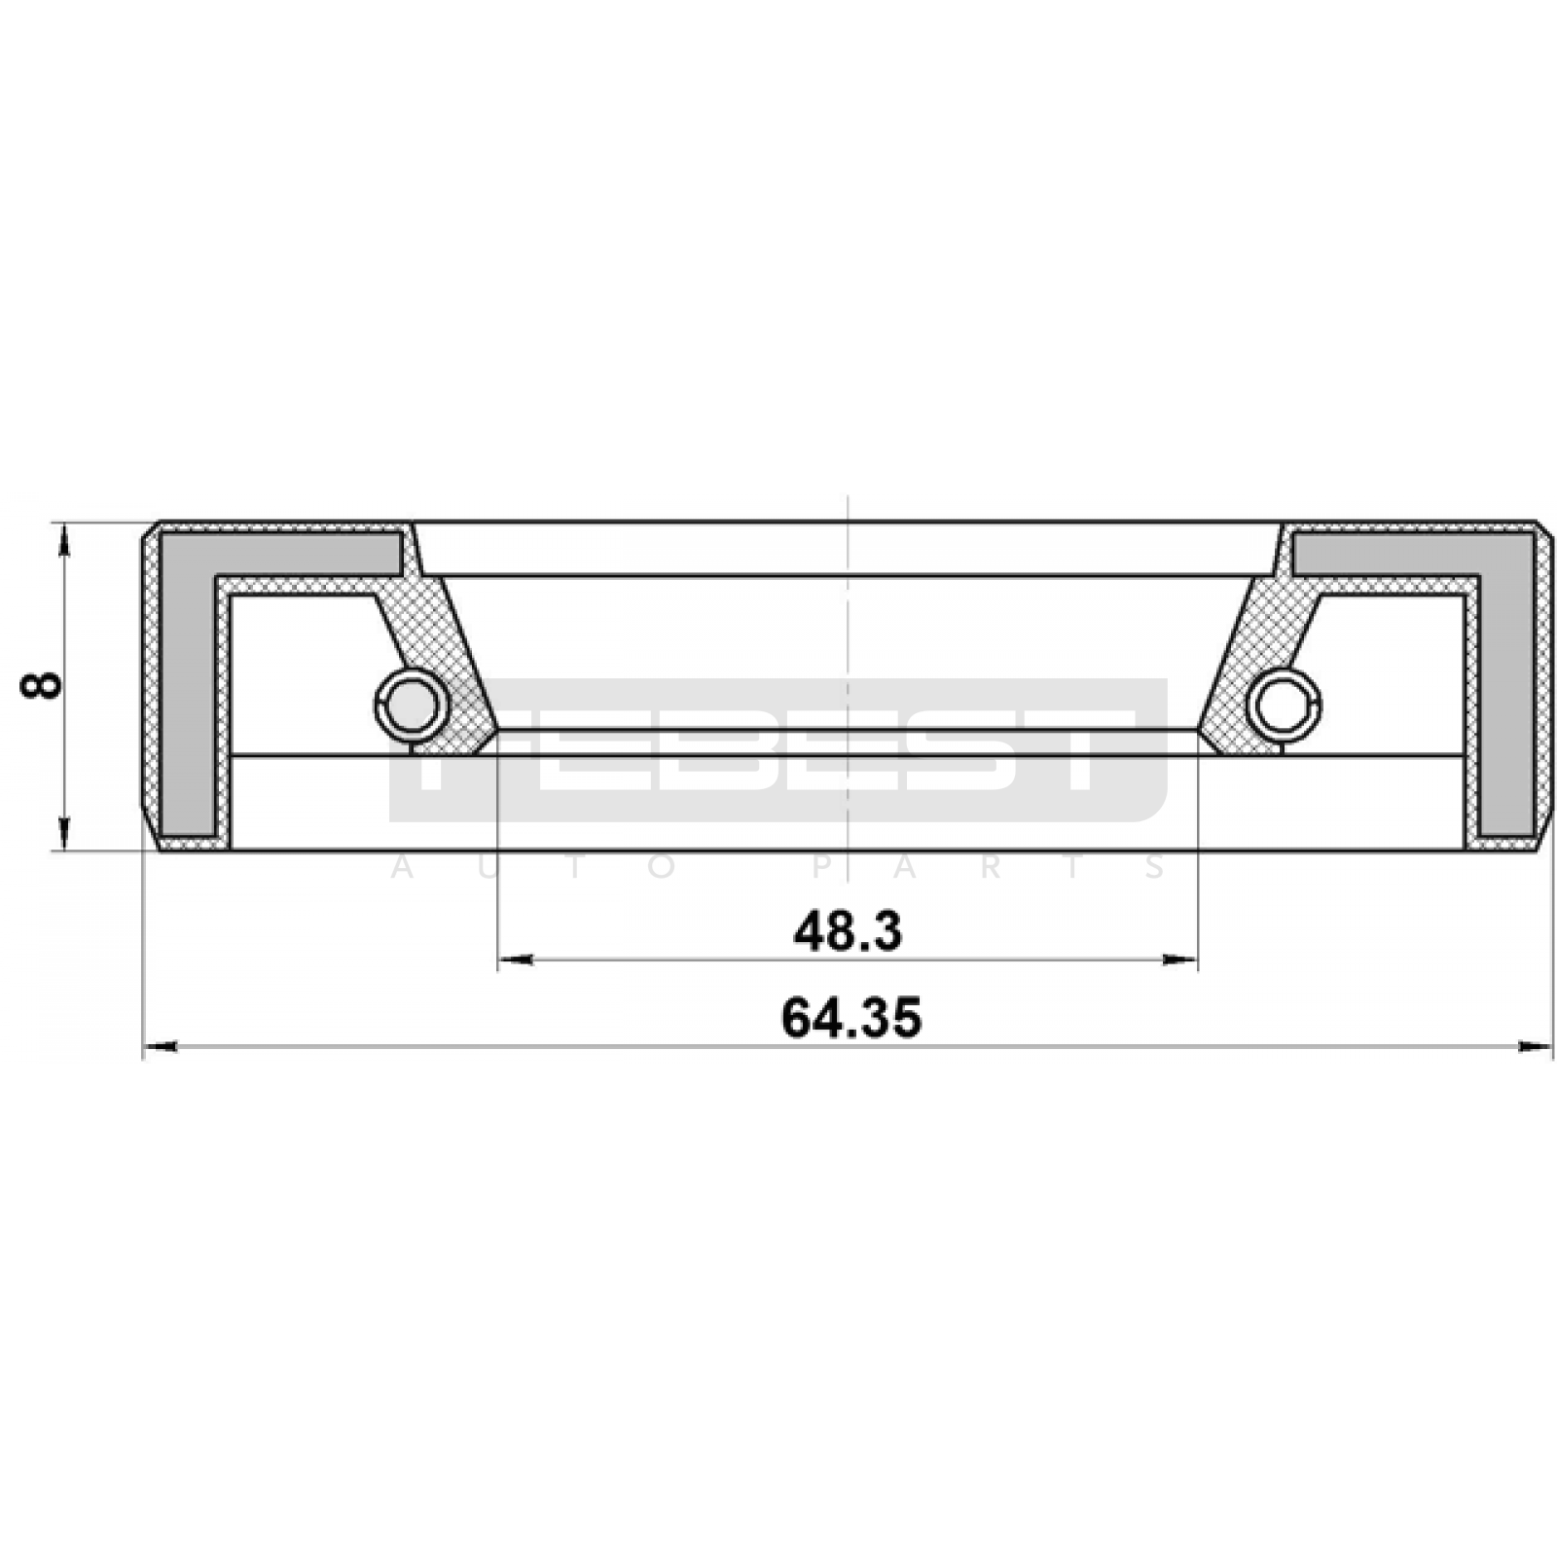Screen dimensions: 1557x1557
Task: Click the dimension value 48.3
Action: [848, 932]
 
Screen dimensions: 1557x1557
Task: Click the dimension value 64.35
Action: [851, 1019]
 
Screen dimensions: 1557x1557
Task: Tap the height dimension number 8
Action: [41, 685]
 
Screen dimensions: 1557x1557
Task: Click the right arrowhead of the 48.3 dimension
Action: [1178, 960]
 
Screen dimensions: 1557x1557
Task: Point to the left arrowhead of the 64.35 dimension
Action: [161, 1047]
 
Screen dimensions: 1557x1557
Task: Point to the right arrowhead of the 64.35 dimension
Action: [1535, 1047]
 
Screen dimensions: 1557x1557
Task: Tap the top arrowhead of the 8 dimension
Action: [65, 540]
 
